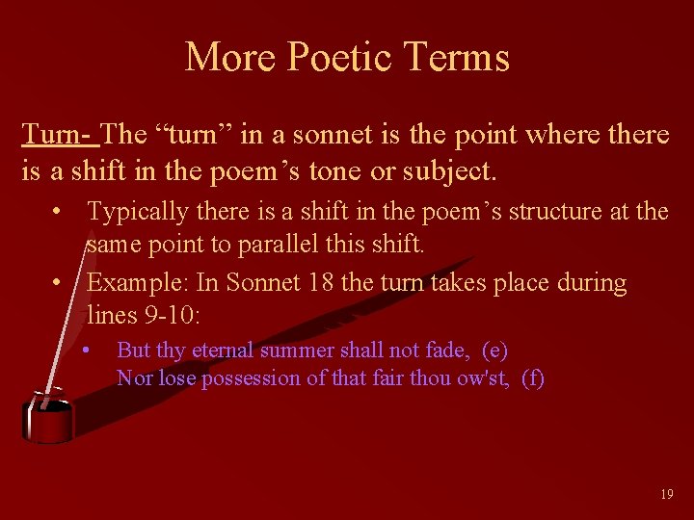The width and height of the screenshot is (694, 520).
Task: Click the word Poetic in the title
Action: (322, 57)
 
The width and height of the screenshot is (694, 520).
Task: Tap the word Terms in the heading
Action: (458, 57)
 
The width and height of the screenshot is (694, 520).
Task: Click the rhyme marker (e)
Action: (495, 350)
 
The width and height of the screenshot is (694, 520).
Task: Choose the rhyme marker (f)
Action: (532, 377)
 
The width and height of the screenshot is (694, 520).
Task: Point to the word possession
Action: (249, 377)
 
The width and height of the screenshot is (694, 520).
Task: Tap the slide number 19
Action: (667, 494)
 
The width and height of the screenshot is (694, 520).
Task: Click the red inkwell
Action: (46, 418)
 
